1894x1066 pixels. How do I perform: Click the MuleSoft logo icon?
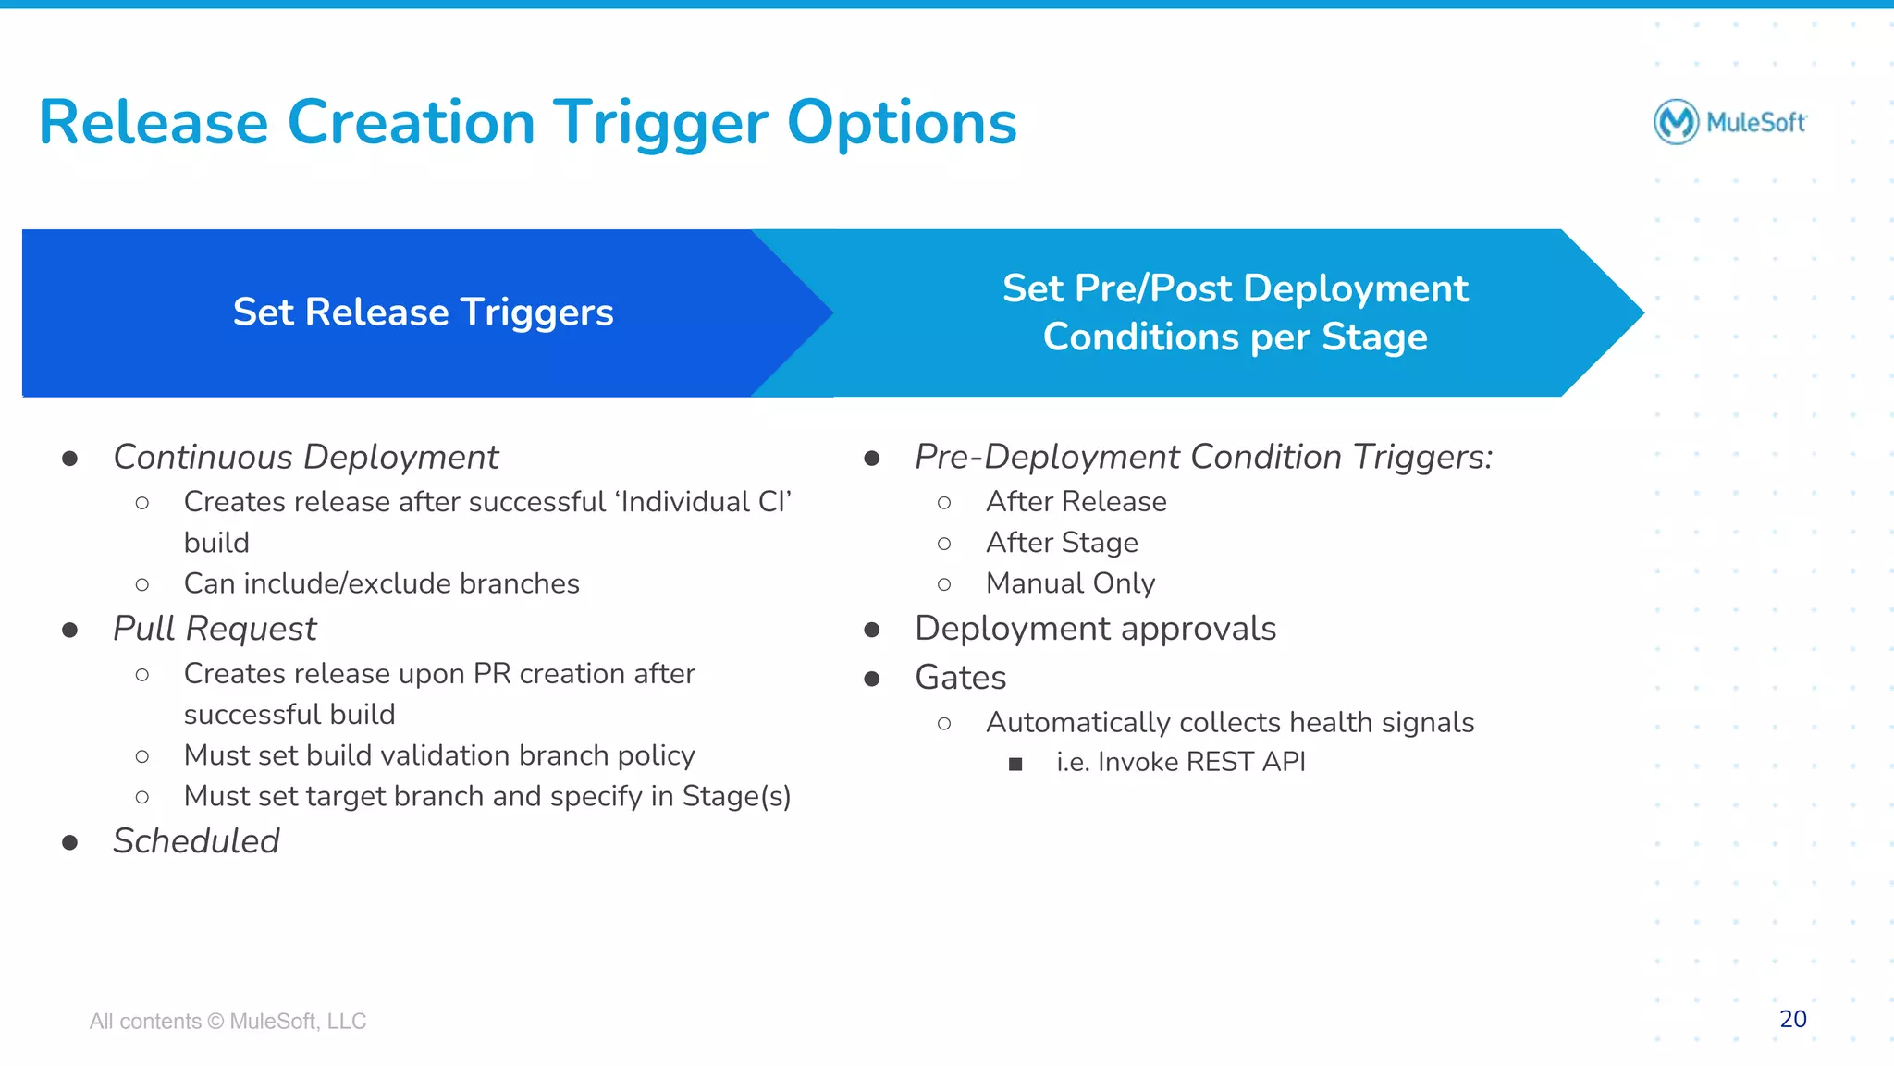[x=1676, y=122]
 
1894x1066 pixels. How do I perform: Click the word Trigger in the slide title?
[x=660, y=123]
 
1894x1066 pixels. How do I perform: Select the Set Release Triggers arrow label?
[x=423, y=312]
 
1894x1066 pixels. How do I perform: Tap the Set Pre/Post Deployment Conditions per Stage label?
[x=1235, y=312]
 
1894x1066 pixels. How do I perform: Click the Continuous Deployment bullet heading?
[x=305, y=458]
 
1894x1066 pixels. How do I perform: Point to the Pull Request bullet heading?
[x=215, y=629]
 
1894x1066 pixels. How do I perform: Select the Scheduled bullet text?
[x=196, y=841]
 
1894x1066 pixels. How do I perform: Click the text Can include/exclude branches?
[x=381, y=584]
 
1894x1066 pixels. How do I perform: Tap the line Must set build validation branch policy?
[x=439, y=755]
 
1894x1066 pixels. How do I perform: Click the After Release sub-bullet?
[x=1076, y=502]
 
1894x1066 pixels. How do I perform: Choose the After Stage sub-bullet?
[x=1062, y=543]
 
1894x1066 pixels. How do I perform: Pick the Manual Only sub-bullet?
[x=1070, y=583]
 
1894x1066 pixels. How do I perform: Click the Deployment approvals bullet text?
[x=1095, y=629]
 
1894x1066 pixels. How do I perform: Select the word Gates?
[x=960, y=678]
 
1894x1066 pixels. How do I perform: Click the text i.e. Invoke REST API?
[x=1180, y=762]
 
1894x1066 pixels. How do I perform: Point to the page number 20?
[x=1792, y=1019]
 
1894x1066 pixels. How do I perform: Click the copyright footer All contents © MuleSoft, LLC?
[x=228, y=1022]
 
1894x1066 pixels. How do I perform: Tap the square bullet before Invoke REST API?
[x=1015, y=764]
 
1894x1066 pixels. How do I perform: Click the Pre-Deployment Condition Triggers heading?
[x=1203, y=458]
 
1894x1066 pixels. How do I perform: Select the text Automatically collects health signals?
[x=1229, y=723]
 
